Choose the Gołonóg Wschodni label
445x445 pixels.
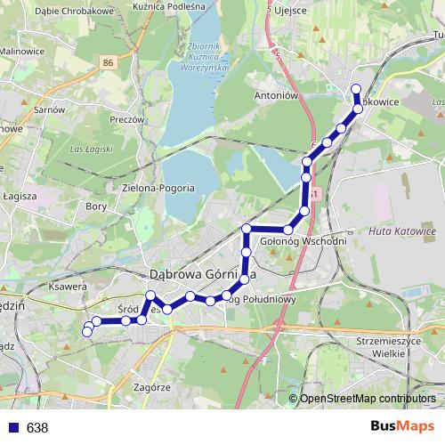pos(303,240)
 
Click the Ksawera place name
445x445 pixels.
pos(68,287)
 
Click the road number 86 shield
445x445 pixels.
pos(108,62)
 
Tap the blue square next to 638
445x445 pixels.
pos(11,427)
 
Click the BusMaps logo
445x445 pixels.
pos(396,427)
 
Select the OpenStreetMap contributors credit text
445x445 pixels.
pos(368,400)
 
